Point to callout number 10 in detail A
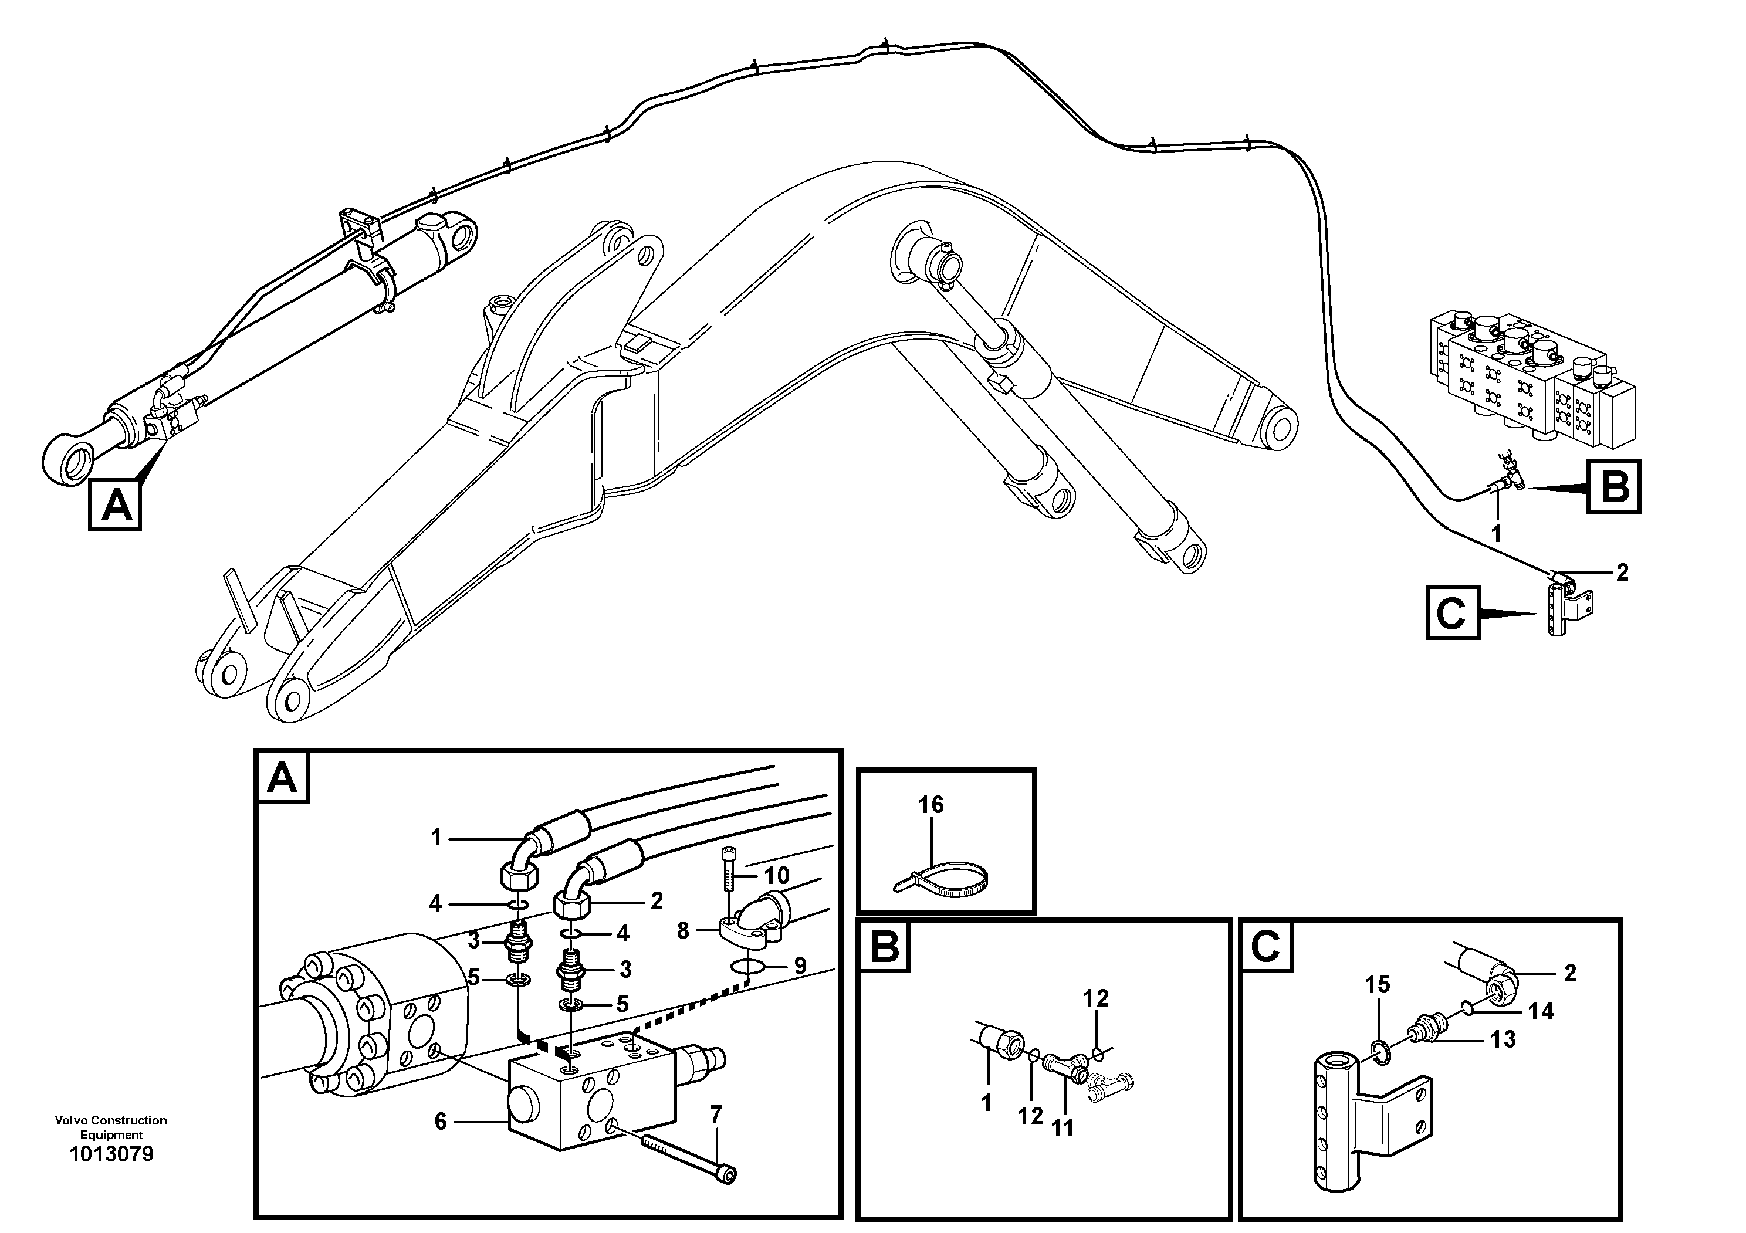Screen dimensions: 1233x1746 [x=776, y=876]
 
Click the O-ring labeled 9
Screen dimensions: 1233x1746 [x=747, y=967]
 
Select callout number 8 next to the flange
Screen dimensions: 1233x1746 [x=683, y=930]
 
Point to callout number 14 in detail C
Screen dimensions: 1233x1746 [x=1541, y=1011]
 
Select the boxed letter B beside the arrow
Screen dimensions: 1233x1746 [x=1613, y=486]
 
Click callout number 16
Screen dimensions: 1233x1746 [x=931, y=804]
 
